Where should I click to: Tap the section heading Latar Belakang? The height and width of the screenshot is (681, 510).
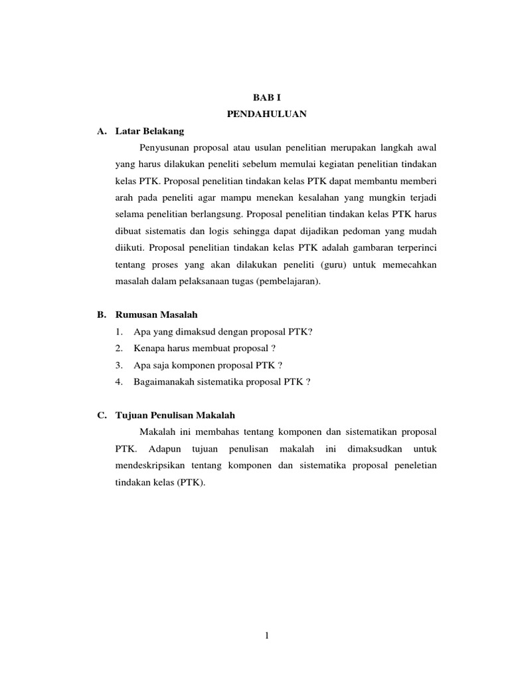tap(149, 131)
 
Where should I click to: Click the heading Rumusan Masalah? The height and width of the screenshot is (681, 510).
tap(157, 315)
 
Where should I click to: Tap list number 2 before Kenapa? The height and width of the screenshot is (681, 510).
tap(118, 348)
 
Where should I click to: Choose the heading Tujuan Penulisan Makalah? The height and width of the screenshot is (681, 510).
tap(175, 415)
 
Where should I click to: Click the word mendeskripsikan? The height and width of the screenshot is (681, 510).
tap(149, 466)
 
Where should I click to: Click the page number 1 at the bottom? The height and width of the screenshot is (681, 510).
tap(266, 636)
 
